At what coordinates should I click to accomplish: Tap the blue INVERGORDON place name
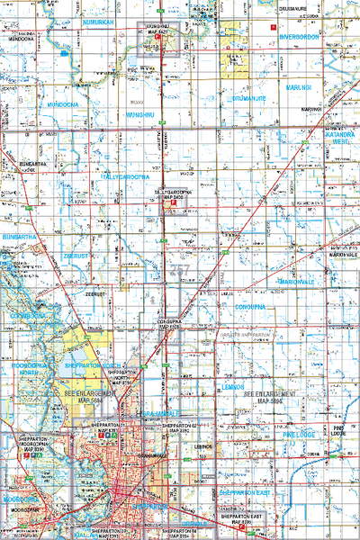pyautogui.click(x=307, y=38)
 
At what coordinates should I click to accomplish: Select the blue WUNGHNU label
pyautogui.click(x=142, y=116)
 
